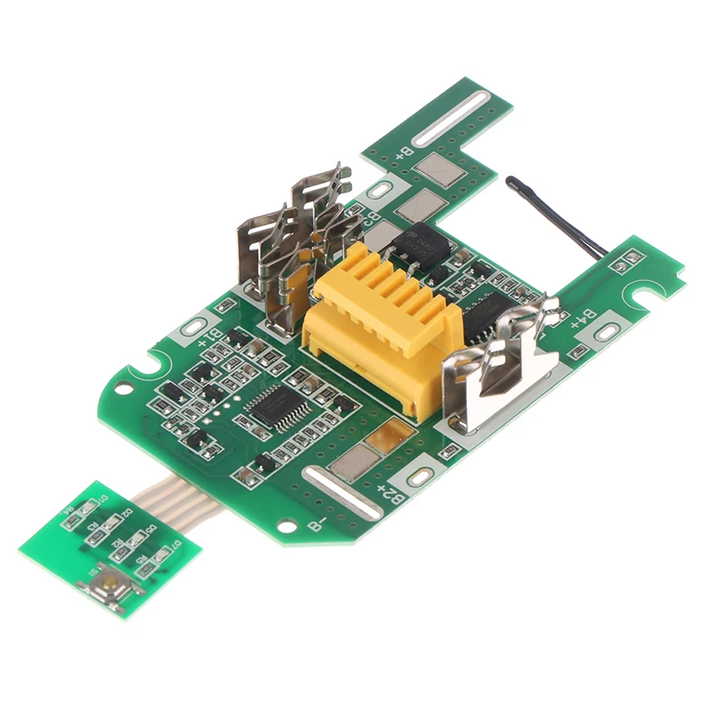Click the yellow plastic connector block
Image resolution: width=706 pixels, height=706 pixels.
379,327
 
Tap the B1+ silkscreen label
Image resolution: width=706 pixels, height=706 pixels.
207,336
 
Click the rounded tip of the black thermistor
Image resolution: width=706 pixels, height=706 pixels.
512,182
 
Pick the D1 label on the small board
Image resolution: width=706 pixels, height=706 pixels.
104,500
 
